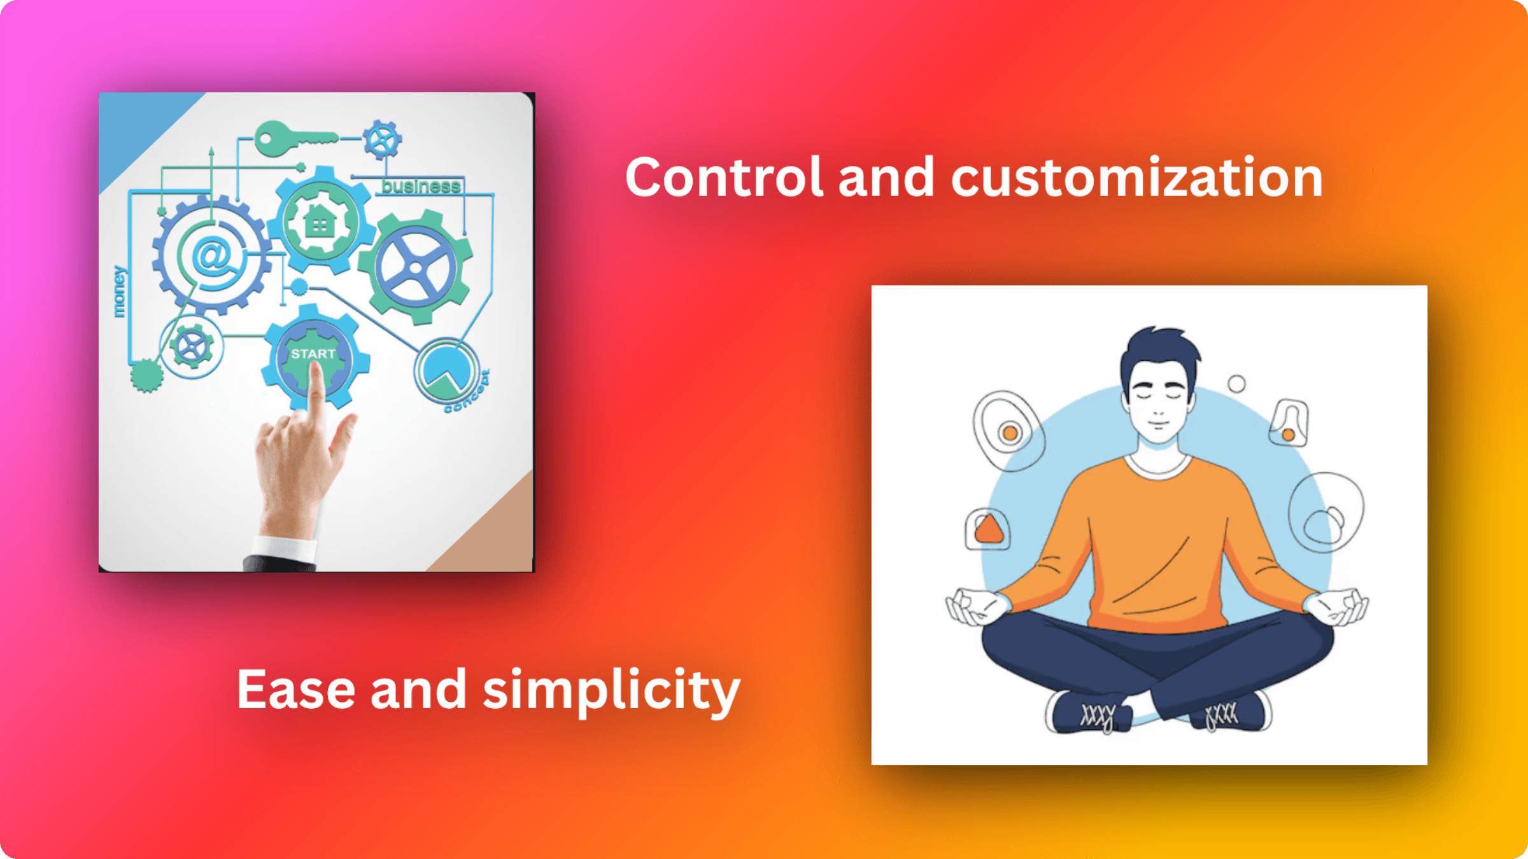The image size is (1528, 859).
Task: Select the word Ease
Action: tap(295, 690)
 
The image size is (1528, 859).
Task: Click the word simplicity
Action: tap(611, 691)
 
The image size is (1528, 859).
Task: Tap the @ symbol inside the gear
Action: tap(212, 255)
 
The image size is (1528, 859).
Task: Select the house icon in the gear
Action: tap(320, 223)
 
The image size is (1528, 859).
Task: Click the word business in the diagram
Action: tap(421, 186)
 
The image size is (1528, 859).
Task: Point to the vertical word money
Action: tap(119, 292)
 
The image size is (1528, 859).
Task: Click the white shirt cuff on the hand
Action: tap(283, 547)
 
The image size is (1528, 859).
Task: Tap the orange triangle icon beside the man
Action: tap(988, 529)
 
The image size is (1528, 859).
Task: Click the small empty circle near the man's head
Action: tap(1236, 384)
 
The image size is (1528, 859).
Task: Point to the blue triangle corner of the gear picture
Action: tap(134, 127)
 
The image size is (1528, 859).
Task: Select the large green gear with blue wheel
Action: tap(415, 267)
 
